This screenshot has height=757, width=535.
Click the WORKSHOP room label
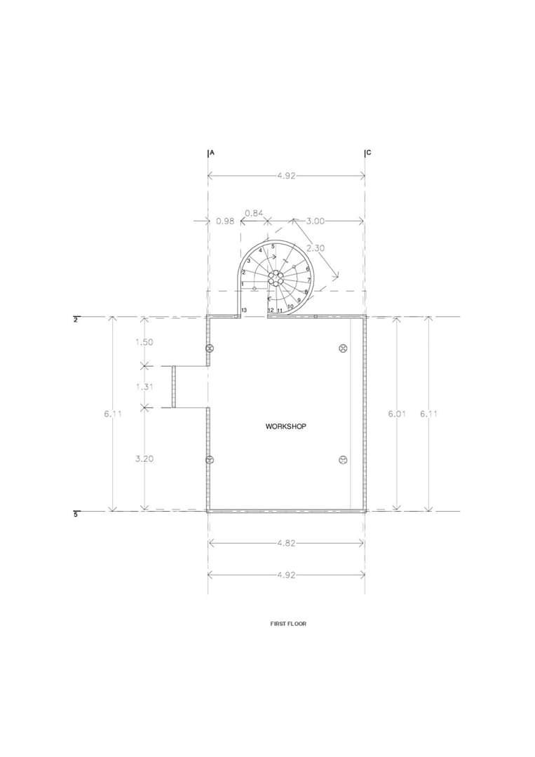(286, 427)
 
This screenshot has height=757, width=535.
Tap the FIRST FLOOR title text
(288, 624)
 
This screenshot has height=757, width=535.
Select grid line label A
(212, 153)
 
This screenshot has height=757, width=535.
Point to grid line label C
(369, 153)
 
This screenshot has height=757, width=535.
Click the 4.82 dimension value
(286, 543)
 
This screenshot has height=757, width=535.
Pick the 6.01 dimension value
(397, 414)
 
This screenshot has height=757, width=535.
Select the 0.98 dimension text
(225, 221)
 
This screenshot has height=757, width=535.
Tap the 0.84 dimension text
(254, 213)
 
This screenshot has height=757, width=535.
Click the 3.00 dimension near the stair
(316, 221)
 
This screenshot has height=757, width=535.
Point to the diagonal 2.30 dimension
(316, 248)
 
